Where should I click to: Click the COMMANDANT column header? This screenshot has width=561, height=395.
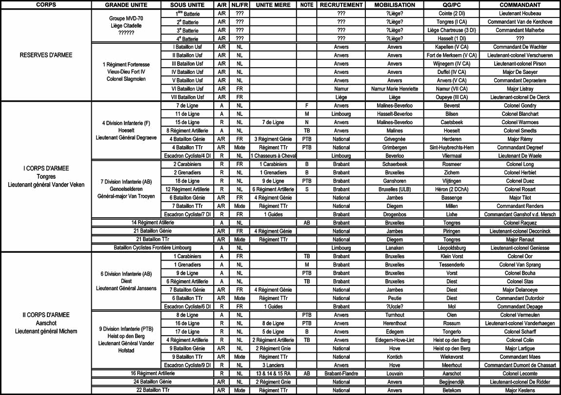pyautogui.click(x=520, y=5)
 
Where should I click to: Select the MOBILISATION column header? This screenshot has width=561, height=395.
pyautogui.click(x=395, y=5)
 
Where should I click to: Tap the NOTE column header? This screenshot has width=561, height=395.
pyautogui.click(x=307, y=5)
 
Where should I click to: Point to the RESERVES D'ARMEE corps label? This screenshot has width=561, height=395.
pyautogui.click(x=46, y=55)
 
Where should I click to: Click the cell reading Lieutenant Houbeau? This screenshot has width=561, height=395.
pyautogui.click(x=520, y=14)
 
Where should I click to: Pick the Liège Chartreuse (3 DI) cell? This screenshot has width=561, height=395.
pyautogui.click(x=452, y=30)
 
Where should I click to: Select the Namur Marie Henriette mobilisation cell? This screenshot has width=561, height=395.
pyautogui.click(x=395, y=89)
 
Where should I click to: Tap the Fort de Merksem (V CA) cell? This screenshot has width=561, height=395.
pyautogui.click(x=452, y=55)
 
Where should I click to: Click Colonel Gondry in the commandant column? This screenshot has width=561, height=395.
pyautogui.click(x=520, y=106)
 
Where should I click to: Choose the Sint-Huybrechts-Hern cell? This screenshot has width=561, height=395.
pyautogui.click(x=452, y=147)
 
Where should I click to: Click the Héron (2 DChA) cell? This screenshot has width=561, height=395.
pyautogui.click(x=452, y=189)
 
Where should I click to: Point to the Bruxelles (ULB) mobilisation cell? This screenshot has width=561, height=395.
pyautogui.click(x=395, y=189)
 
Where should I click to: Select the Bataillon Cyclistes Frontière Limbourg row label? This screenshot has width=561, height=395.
pyautogui.click(x=153, y=248)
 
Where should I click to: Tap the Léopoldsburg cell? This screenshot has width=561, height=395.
pyautogui.click(x=452, y=248)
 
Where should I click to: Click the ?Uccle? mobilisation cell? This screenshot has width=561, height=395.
pyautogui.click(x=395, y=307)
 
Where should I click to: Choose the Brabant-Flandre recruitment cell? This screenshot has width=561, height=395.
pyautogui.click(x=341, y=373)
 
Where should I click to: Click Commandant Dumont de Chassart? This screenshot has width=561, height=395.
pyautogui.click(x=520, y=365)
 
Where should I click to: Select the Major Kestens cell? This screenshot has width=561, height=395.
pyautogui.click(x=520, y=390)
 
